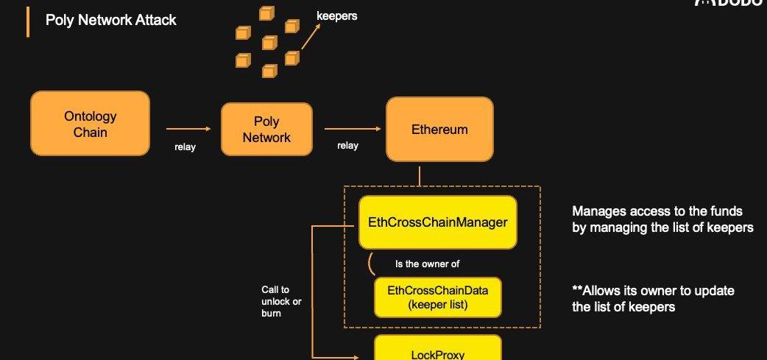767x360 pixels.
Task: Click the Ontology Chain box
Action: coord(90,124)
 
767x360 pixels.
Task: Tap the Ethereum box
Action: coord(439,129)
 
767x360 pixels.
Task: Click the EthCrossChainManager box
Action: coord(437,222)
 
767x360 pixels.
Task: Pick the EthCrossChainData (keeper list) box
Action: coord(437,297)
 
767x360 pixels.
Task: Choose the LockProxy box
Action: coord(437,349)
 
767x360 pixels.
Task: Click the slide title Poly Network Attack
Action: coord(111,21)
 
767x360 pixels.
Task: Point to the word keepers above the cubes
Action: coord(336,15)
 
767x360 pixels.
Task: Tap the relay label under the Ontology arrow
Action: coord(185,147)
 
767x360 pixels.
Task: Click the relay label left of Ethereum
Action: coord(347,146)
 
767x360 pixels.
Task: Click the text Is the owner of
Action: coord(428,263)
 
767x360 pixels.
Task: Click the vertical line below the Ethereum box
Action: coord(420,175)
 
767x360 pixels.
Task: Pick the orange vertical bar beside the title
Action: coord(28,21)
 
